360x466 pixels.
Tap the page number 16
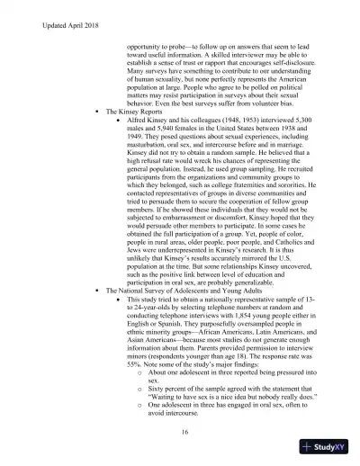pyautogui.click(x=183, y=433)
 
